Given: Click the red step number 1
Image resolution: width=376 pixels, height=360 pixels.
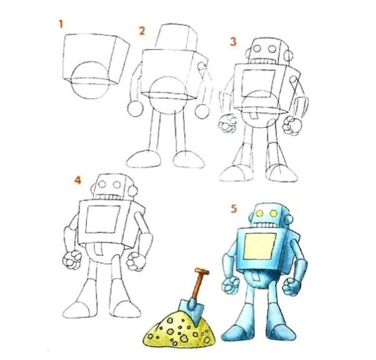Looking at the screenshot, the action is click(61, 24).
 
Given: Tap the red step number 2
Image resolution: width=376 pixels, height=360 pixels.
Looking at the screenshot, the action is click(142, 31).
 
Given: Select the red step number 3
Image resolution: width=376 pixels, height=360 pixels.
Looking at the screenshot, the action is click(233, 41).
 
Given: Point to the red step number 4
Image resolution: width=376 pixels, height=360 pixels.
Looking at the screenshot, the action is click(78, 180).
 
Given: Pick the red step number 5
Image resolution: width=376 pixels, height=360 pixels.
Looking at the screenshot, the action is click(233, 208).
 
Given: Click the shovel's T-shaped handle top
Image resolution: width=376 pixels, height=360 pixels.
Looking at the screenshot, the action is click(202, 271).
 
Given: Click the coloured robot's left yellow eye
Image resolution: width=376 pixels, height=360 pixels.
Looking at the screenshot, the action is click(259, 213).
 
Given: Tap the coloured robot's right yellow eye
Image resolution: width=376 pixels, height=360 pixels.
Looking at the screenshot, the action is click(274, 213).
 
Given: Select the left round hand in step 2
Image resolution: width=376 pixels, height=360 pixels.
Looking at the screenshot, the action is click(135, 108).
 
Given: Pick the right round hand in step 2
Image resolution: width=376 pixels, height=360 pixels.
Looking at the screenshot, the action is click(202, 111).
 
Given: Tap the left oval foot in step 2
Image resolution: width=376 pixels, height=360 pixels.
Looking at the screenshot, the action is click(144, 159).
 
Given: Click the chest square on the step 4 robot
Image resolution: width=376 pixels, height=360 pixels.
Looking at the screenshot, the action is click(103, 219).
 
